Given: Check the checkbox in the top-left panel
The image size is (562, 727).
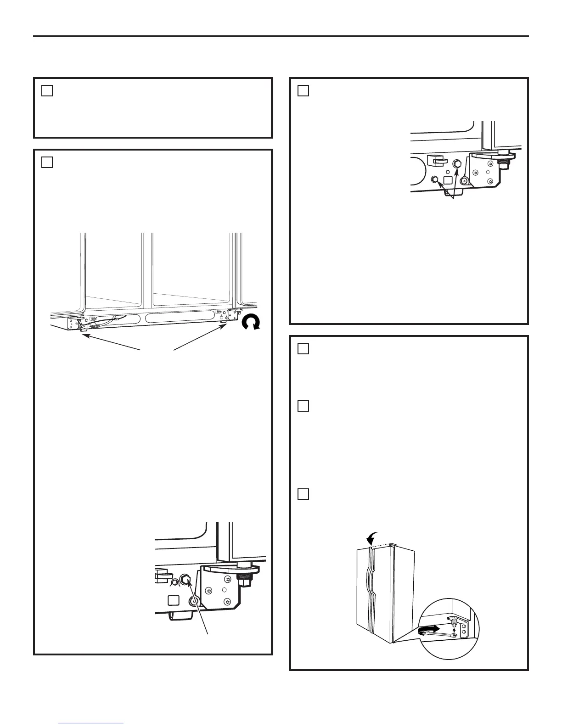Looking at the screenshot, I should tap(47, 91).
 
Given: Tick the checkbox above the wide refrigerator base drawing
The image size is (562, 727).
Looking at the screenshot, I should tap(47, 162).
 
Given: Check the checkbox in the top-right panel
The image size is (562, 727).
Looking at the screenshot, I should tap(303, 91).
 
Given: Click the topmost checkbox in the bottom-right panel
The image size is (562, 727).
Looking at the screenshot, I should tap(303, 349).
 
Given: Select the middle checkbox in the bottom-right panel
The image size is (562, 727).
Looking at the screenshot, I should tap(303, 406).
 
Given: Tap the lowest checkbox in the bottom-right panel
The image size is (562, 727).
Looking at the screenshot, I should tap(303, 494).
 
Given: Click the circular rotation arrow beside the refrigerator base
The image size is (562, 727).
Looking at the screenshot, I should tap(251, 324).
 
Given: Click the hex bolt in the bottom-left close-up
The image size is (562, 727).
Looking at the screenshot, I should tap(186, 580).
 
